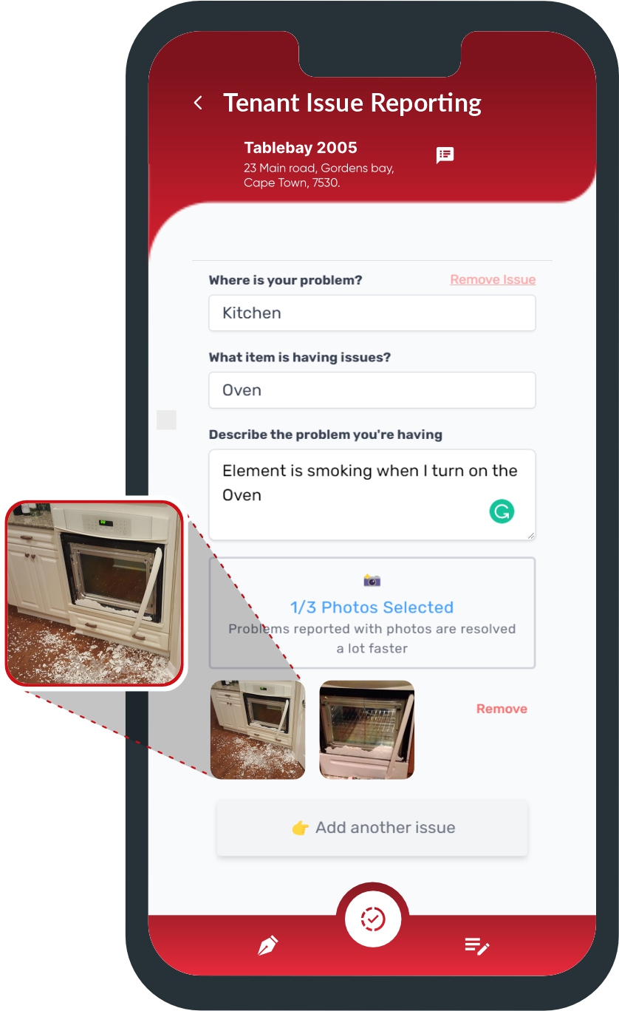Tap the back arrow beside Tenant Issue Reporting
pos(198,103)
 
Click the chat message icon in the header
pos(445,154)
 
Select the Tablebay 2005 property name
pos(300,148)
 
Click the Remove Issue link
pos(493,279)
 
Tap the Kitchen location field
pos(372,313)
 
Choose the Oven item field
pos(372,390)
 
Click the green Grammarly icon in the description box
pos(502,511)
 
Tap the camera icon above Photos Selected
pos(372,581)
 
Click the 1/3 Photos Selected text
pos(372,607)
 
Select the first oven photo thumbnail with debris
pos(258,729)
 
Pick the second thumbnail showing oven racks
pos(366,729)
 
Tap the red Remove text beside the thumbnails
pos(502,709)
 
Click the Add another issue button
pos(372,828)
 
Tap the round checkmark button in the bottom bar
pos(373,919)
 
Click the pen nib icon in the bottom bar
pos(267,946)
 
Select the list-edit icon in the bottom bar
pos(477,946)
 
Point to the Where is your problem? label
pos(285,280)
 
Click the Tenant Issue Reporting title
pos(352,103)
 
